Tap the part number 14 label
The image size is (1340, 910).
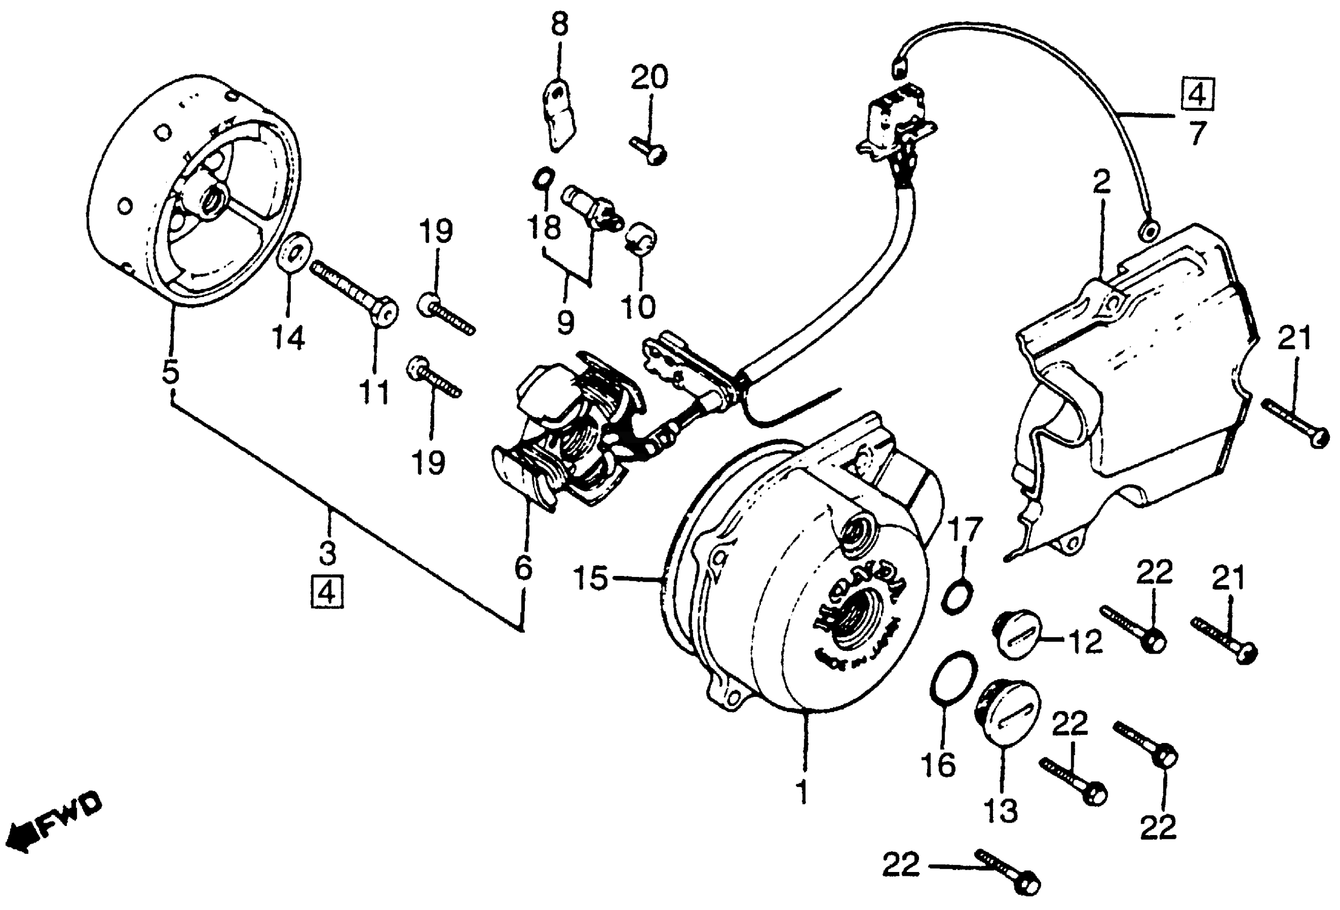coord(288,338)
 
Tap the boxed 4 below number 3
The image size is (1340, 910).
coord(327,591)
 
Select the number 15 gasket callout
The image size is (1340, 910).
coord(591,578)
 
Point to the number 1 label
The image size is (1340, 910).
coord(802,791)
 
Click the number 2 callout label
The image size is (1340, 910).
coord(1101,183)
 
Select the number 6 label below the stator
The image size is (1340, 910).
coord(524,567)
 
